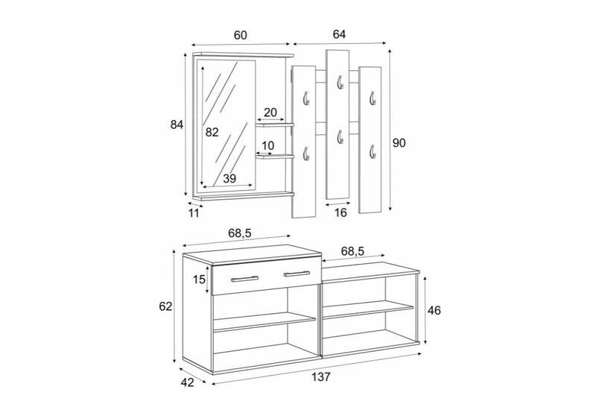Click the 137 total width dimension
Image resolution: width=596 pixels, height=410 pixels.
[x=321, y=377]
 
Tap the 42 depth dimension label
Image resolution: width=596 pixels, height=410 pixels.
[x=187, y=382]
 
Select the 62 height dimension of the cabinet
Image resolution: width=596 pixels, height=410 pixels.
[x=165, y=306]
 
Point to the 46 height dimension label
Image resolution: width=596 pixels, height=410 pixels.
[x=434, y=310]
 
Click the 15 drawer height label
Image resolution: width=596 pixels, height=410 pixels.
[x=199, y=280]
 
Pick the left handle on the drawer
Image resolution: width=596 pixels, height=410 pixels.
[x=245, y=279]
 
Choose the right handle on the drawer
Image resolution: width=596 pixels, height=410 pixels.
[x=297, y=274]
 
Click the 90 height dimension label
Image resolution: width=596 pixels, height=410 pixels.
[x=399, y=143]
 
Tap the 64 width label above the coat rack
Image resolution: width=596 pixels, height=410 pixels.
[x=339, y=34]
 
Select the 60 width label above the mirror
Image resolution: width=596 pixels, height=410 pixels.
[x=240, y=35]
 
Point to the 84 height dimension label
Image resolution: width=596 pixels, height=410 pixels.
[x=177, y=124]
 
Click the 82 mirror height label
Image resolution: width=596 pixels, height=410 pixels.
[x=212, y=132]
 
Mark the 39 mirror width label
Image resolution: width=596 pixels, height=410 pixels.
[x=229, y=178]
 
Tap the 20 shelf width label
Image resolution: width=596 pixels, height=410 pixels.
[x=270, y=113]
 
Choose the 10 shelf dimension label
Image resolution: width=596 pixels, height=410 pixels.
[x=268, y=145]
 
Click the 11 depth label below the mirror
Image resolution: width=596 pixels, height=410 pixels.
[x=194, y=213]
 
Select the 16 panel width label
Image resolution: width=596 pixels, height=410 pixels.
[x=340, y=212]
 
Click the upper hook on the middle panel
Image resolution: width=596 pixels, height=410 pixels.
[x=340, y=82]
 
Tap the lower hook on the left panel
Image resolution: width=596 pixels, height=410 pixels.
[x=306, y=154]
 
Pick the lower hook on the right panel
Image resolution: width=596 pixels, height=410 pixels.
[x=372, y=151]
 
